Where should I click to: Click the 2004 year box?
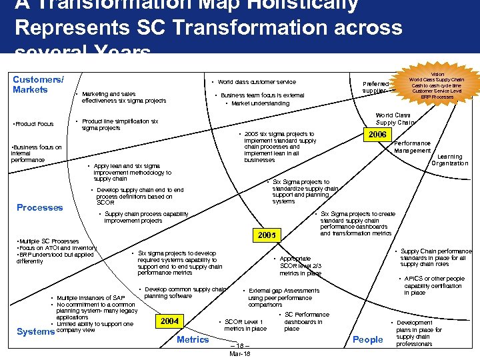[169, 321]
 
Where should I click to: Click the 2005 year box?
[266, 235]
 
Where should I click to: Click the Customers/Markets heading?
[38, 85]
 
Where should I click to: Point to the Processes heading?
[40, 207]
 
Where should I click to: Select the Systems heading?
[35, 331]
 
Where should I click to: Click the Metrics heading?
[193, 339]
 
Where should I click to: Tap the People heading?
[367, 339]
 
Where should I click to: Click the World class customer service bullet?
[257, 82]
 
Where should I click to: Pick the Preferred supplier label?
[376, 87]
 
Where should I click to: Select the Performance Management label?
[413, 147]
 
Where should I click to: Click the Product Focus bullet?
[33, 123]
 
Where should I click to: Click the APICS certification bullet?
[433, 285]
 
